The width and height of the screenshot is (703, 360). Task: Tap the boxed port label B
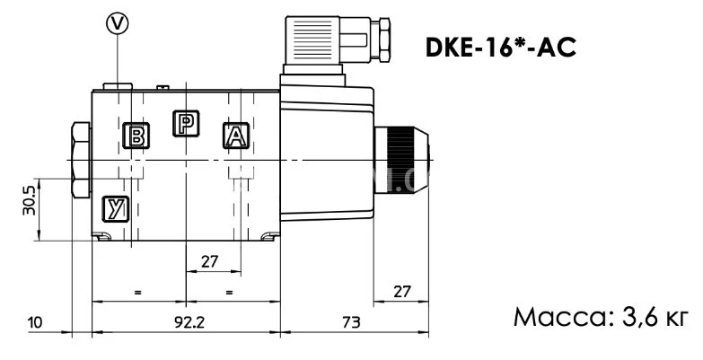137,136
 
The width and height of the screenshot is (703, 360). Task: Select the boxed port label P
185,125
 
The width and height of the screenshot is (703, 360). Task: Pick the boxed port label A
234,136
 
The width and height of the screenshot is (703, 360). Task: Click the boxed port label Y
114,208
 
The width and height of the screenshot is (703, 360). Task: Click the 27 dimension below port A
210,261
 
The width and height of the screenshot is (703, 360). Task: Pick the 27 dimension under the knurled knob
402,291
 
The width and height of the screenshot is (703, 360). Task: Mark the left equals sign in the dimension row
137,292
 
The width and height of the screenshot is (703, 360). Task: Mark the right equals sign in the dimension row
231,292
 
